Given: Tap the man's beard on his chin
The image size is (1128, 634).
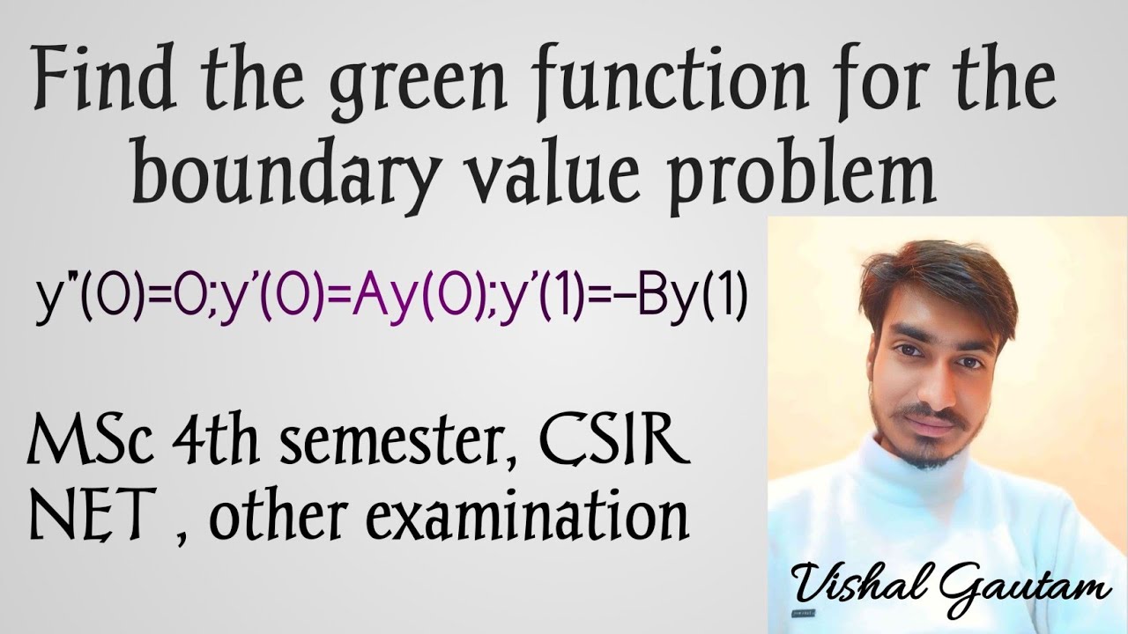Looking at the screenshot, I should click(922, 458).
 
